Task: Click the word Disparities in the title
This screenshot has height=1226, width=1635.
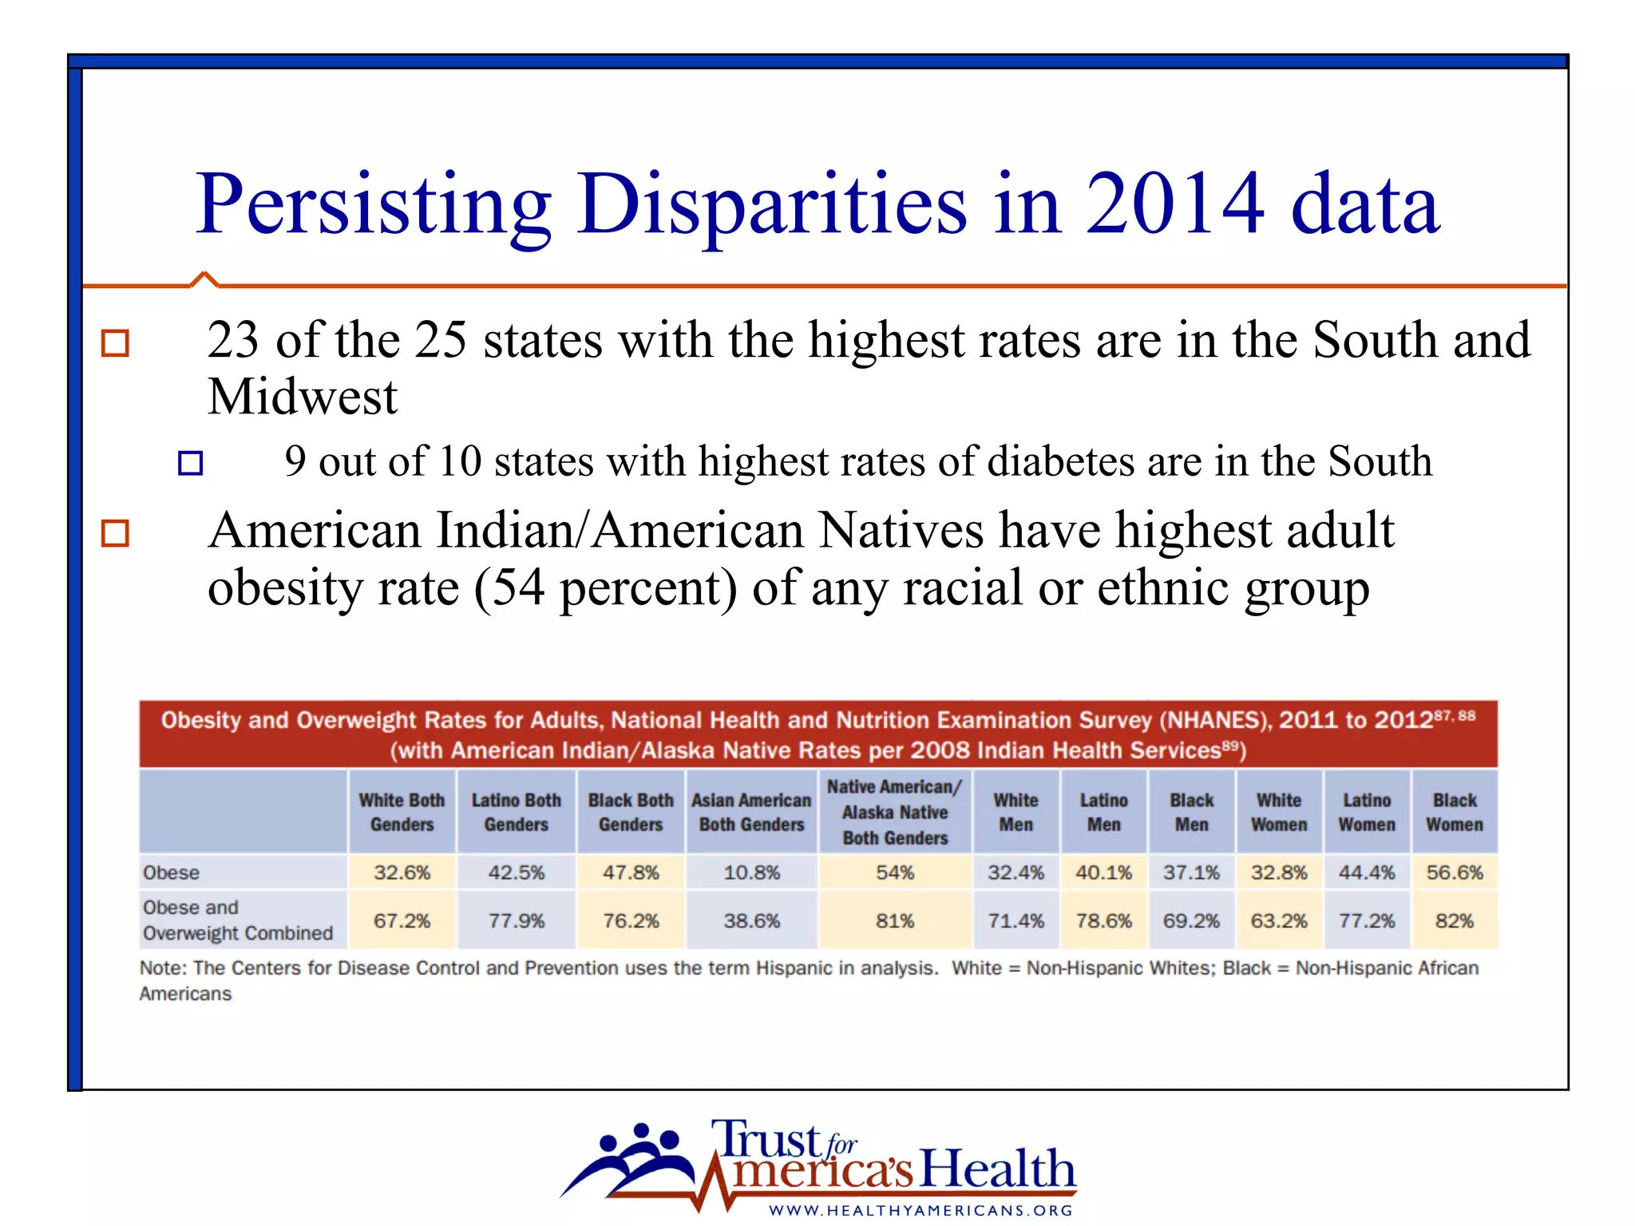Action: point(772,205)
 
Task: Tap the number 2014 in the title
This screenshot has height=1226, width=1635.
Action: point(1174,205)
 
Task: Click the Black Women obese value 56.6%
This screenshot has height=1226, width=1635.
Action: point(1454,872)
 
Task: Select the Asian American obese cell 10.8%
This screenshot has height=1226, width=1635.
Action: point(751,872)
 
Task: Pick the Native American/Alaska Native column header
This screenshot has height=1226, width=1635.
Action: point(894,812)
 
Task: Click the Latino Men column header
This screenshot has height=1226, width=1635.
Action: point(1103,812)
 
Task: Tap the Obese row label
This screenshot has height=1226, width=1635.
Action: point(172,872)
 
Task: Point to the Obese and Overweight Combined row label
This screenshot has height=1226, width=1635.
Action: point(237,920)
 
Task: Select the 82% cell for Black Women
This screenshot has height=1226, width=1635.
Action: point(1454,921)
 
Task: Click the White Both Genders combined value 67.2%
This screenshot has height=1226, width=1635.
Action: point(402,921)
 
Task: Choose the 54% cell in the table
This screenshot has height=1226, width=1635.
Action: point(894,872)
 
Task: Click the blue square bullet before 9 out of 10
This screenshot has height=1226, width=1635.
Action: point(190,463)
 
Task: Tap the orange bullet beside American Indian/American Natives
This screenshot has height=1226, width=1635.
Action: point(115,532)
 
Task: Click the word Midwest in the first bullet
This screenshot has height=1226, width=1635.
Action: point(302,397)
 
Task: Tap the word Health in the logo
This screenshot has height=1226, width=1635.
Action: point(998,1169)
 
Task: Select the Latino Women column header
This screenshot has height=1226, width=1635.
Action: point(1366,812)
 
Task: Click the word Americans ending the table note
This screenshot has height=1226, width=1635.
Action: point(185,994)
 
